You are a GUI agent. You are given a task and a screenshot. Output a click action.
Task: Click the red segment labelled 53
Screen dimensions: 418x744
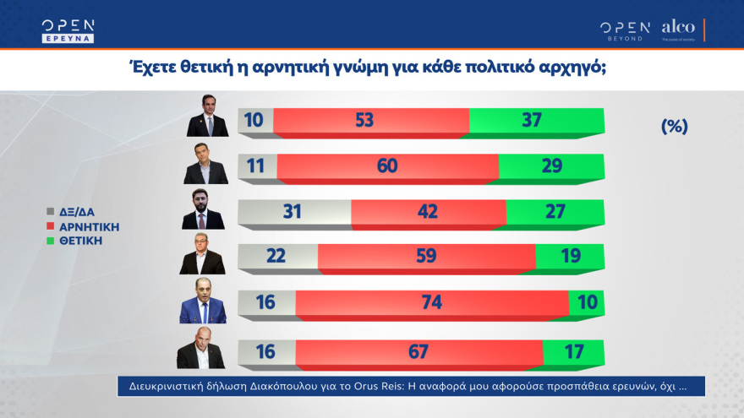(365, 121)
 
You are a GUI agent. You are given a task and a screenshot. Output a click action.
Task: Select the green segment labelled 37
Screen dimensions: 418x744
(536, 121)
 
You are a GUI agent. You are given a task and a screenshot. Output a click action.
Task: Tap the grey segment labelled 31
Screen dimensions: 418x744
(294, 212)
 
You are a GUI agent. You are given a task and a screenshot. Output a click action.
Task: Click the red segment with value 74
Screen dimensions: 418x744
(431, 303)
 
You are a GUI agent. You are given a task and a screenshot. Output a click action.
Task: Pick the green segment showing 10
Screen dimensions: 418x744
(586, 303)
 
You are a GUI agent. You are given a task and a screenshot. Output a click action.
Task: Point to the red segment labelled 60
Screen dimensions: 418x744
(387, 166)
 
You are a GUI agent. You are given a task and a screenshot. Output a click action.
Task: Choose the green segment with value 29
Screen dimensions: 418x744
(551, 166)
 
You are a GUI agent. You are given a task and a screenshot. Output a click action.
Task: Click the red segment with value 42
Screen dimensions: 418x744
(428, 212)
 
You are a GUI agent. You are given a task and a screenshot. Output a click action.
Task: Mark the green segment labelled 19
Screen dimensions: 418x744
(569, 258)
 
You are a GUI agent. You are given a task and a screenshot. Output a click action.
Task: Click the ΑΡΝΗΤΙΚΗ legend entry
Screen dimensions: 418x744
(88, 226)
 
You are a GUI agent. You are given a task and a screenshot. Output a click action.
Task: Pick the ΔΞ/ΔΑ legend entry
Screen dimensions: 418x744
(81, 213)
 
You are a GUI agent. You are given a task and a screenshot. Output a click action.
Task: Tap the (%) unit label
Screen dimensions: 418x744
(674, 127)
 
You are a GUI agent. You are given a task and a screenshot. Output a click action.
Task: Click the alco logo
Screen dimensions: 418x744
(678, 29)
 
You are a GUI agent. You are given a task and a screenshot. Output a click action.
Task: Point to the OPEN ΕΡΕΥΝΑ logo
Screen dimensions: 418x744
(68, 30)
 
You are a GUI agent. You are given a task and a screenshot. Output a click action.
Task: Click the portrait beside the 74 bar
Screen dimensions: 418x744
(203, 301)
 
